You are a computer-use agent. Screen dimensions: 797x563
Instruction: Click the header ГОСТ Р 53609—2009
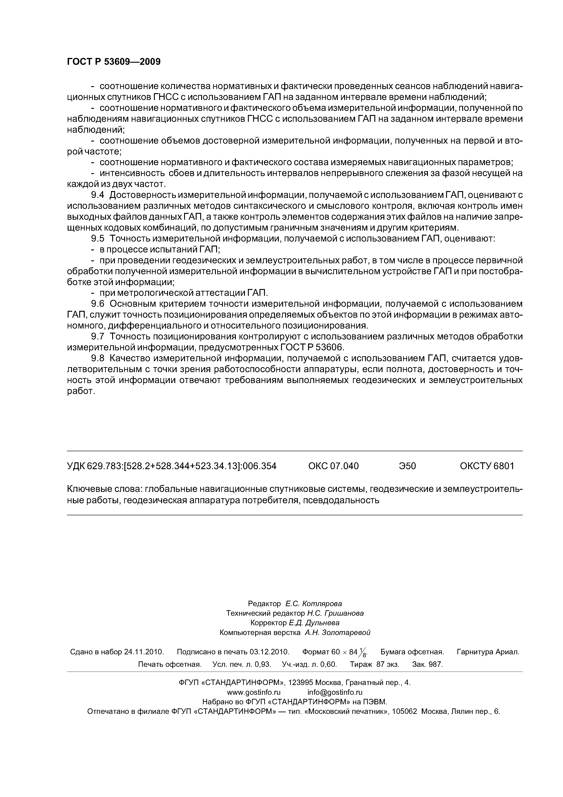114,62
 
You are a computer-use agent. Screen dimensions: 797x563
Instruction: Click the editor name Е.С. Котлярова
314,604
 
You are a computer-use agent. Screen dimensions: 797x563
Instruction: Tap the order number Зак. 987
427,664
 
